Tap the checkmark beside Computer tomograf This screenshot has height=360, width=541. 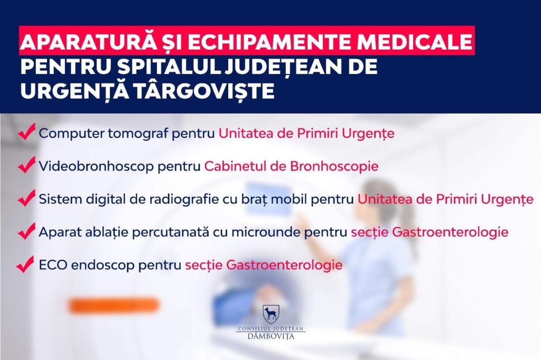(27, 133)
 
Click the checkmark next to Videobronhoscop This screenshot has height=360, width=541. (27, 165)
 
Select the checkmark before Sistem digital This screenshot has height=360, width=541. (27, 198)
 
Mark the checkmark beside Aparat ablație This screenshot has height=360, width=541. (27, 231)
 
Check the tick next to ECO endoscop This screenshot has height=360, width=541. (25, 264)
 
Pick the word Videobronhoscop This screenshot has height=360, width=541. (96, 166)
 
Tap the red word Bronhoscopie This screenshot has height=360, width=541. (334, 166)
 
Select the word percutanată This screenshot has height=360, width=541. (171, 232)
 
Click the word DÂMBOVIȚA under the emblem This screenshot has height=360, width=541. (271, 336)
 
